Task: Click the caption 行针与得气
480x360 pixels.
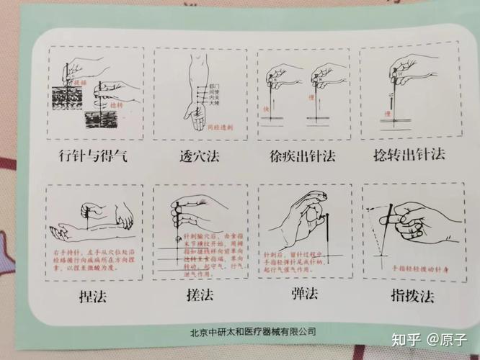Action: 92,156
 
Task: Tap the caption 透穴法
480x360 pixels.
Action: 199,156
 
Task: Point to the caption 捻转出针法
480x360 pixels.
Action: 406,156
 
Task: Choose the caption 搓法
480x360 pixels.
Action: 196,297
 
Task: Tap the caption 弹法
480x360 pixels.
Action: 301,297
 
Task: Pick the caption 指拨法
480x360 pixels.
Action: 405,297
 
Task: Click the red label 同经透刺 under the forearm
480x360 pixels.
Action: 219,127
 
